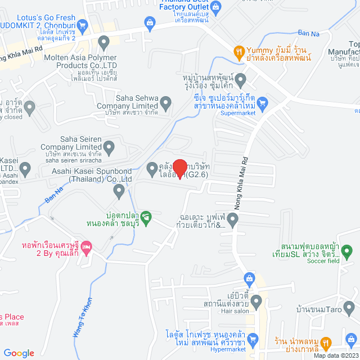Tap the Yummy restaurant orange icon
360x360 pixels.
click(x=239, y=52)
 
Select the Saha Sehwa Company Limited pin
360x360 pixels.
click(x=165, y=103)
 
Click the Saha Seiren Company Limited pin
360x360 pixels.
click(x=109, y=147)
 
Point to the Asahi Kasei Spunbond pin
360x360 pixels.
click(x=119, y=191)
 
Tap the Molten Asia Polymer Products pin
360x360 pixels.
click(x=103, y=41)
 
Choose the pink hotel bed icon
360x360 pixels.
click(x=86, y=246)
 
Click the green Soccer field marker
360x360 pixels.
click(x=347, y=250)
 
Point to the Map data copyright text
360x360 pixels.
click(x=336, y=355)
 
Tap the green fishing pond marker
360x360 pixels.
click(x=146, y=216)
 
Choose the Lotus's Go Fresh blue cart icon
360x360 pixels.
click(x=83, y=24)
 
